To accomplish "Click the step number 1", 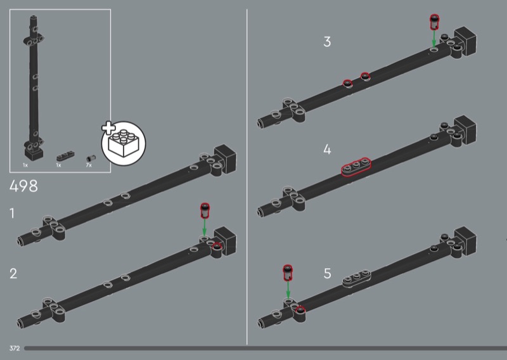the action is tap(12, 214).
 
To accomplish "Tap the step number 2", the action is tap(13, 274).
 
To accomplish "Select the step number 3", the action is tap(327, 42).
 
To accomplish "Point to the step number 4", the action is tap(327, 150).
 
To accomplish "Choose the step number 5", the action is tap(327, 273).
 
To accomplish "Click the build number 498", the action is tap(23, 186).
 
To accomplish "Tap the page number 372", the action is tap(15, 349).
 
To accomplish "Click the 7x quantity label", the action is tap(89, 165).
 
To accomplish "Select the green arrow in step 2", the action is tap(204, 227).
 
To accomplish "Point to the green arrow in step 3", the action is tap(434, 38).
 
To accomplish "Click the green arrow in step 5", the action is tap(288, 290).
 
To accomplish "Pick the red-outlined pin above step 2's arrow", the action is tap(205, 210).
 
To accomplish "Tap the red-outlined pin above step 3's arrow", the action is tap(434, 22).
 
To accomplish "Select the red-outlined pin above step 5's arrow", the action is tap(288, 273).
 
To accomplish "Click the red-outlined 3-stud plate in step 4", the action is tap(356, 167).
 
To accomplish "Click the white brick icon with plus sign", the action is tap(124, 143).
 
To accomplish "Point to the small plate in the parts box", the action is tap(65, 156).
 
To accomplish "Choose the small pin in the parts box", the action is tap(91, 158).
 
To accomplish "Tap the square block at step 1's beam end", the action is tap(226, 159).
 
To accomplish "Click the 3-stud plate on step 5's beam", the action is tap(357, 278).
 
